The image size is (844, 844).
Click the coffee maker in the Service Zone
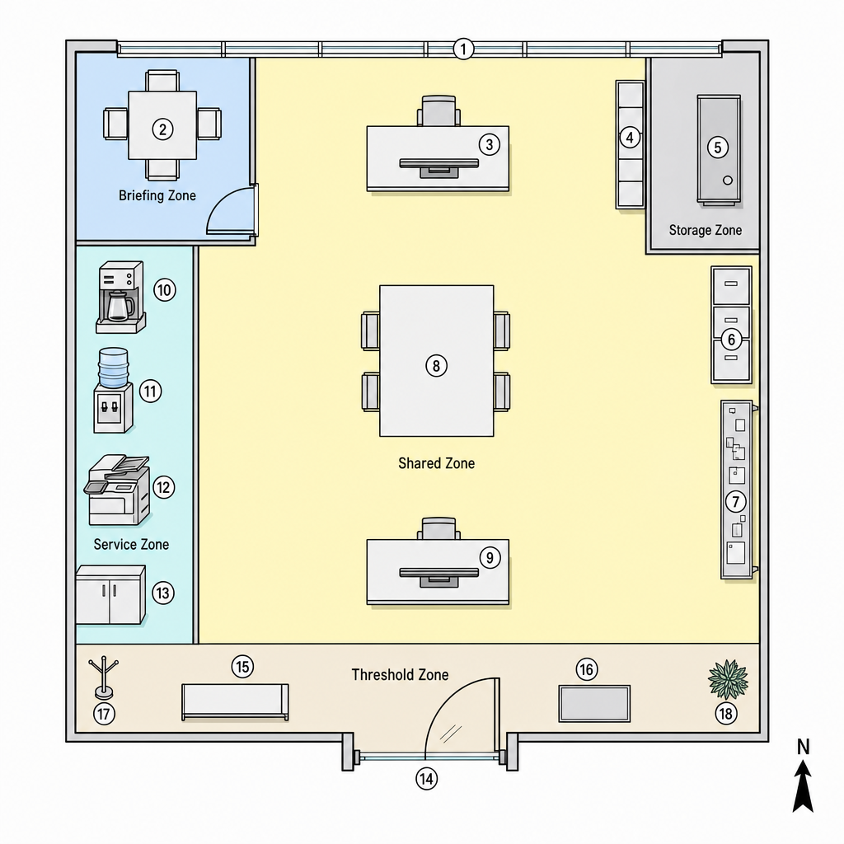[x=120, y=297]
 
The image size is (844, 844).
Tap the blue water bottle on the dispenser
[x=114, y=368]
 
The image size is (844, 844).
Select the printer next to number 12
[x=117, y=490]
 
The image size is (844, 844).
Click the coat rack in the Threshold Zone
[x=103, y=678]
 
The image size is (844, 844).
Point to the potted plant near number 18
[x=728, y=679]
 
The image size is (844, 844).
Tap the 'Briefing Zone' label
[x=157, y=195]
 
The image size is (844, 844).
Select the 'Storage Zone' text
[x=706, y=231]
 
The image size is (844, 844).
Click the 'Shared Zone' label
[x=437, y=463]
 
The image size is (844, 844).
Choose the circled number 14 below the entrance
[x=426, y=779]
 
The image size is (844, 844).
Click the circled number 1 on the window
[x=463, y=49]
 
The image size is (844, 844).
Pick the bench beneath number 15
[x=235, y=702]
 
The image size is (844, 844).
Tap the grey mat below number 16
[x=594, y=704]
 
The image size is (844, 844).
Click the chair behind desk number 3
[x=439, y=111]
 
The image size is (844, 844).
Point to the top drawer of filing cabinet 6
[x=731, y=285]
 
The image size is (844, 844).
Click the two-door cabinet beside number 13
[x=110, y=595]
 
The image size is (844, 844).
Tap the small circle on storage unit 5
[x=728, y=181]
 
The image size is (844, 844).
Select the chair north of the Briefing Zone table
[x=162, y=81]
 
